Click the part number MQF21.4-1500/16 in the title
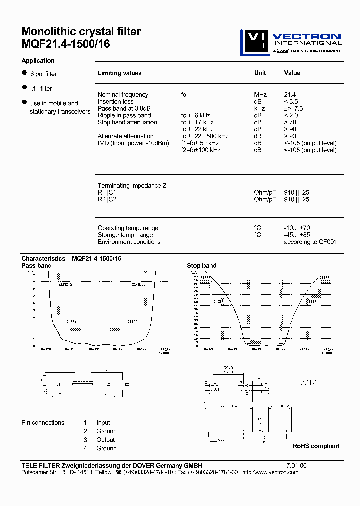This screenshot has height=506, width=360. [x=66, y=44]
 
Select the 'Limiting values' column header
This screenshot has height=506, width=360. [x=119, y=73]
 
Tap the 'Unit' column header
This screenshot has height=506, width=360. [x=260, y=73]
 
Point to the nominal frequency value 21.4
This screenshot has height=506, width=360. [x=290, y=95]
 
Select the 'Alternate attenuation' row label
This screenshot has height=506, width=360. [x=125, y=136]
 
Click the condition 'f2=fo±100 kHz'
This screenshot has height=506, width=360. [x=201, y=150]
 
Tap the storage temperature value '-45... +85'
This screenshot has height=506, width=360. [x=298, y=235]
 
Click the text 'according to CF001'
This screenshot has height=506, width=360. [x=310, y=242]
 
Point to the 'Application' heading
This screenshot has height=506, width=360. [x=38, y=61]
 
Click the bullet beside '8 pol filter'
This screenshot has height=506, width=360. [x=24, y=73]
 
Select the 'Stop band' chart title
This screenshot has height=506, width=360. [x=201, y=266]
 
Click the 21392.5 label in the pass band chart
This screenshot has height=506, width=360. [x=65, y=284]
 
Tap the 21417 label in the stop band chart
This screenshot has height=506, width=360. [x=311, y=302]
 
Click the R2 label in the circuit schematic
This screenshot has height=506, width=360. [x=127, y=384]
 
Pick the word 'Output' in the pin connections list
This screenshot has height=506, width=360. [x=106, y=440]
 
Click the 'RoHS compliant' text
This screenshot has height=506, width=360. [x=316, y=446]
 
